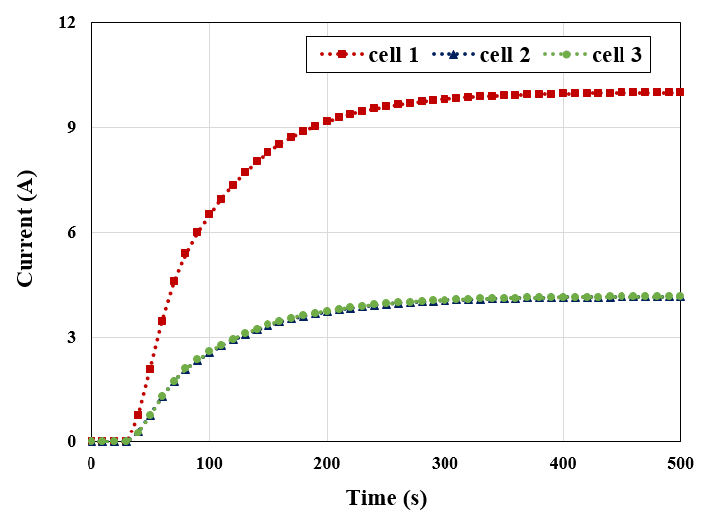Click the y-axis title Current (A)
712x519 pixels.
(25, 232)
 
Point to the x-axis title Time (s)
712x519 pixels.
(386, 497)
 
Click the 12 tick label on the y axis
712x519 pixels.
(68, 23)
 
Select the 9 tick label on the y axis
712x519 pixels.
(72, 127)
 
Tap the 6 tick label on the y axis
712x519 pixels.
(72, 233)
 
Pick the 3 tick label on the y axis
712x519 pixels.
(72, 337)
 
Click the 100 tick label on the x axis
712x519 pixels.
(209, 463)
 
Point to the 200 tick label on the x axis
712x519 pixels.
(327, 463)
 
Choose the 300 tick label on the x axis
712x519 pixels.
(445, 463)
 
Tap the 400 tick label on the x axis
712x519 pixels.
(563, 463)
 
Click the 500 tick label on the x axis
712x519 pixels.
(680, 463)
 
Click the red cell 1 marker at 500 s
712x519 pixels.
(680, 92)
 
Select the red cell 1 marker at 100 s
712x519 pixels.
(209, 214)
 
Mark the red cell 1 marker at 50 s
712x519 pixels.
(150, 369)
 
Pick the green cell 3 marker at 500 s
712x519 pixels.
(680, 296)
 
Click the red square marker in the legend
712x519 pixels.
(341, 55)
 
